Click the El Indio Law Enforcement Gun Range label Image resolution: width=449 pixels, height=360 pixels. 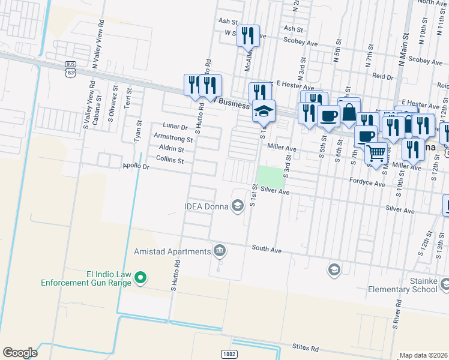click(x=86, y=277)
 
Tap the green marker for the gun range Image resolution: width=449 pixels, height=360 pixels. click(x=140, y=277)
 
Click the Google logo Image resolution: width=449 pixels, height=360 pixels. click(x=20, y=353)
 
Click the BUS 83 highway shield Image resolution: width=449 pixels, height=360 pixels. click(x=71, y=67)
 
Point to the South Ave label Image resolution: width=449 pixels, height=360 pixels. click(x=267, y=247)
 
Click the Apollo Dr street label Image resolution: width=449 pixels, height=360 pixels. click(x=135, y=166)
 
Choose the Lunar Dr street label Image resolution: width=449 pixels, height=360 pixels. click(x=175, y=126)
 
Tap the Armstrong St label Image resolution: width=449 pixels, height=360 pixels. click(x=173, y=137)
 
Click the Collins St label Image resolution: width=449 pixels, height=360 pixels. click(x=169, y=160)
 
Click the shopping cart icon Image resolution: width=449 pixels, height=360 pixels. click(x=376, y=153)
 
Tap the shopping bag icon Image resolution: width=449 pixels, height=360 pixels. click(x=349, y=112)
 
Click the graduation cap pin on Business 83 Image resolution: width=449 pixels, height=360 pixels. click(x=264, y=111)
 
